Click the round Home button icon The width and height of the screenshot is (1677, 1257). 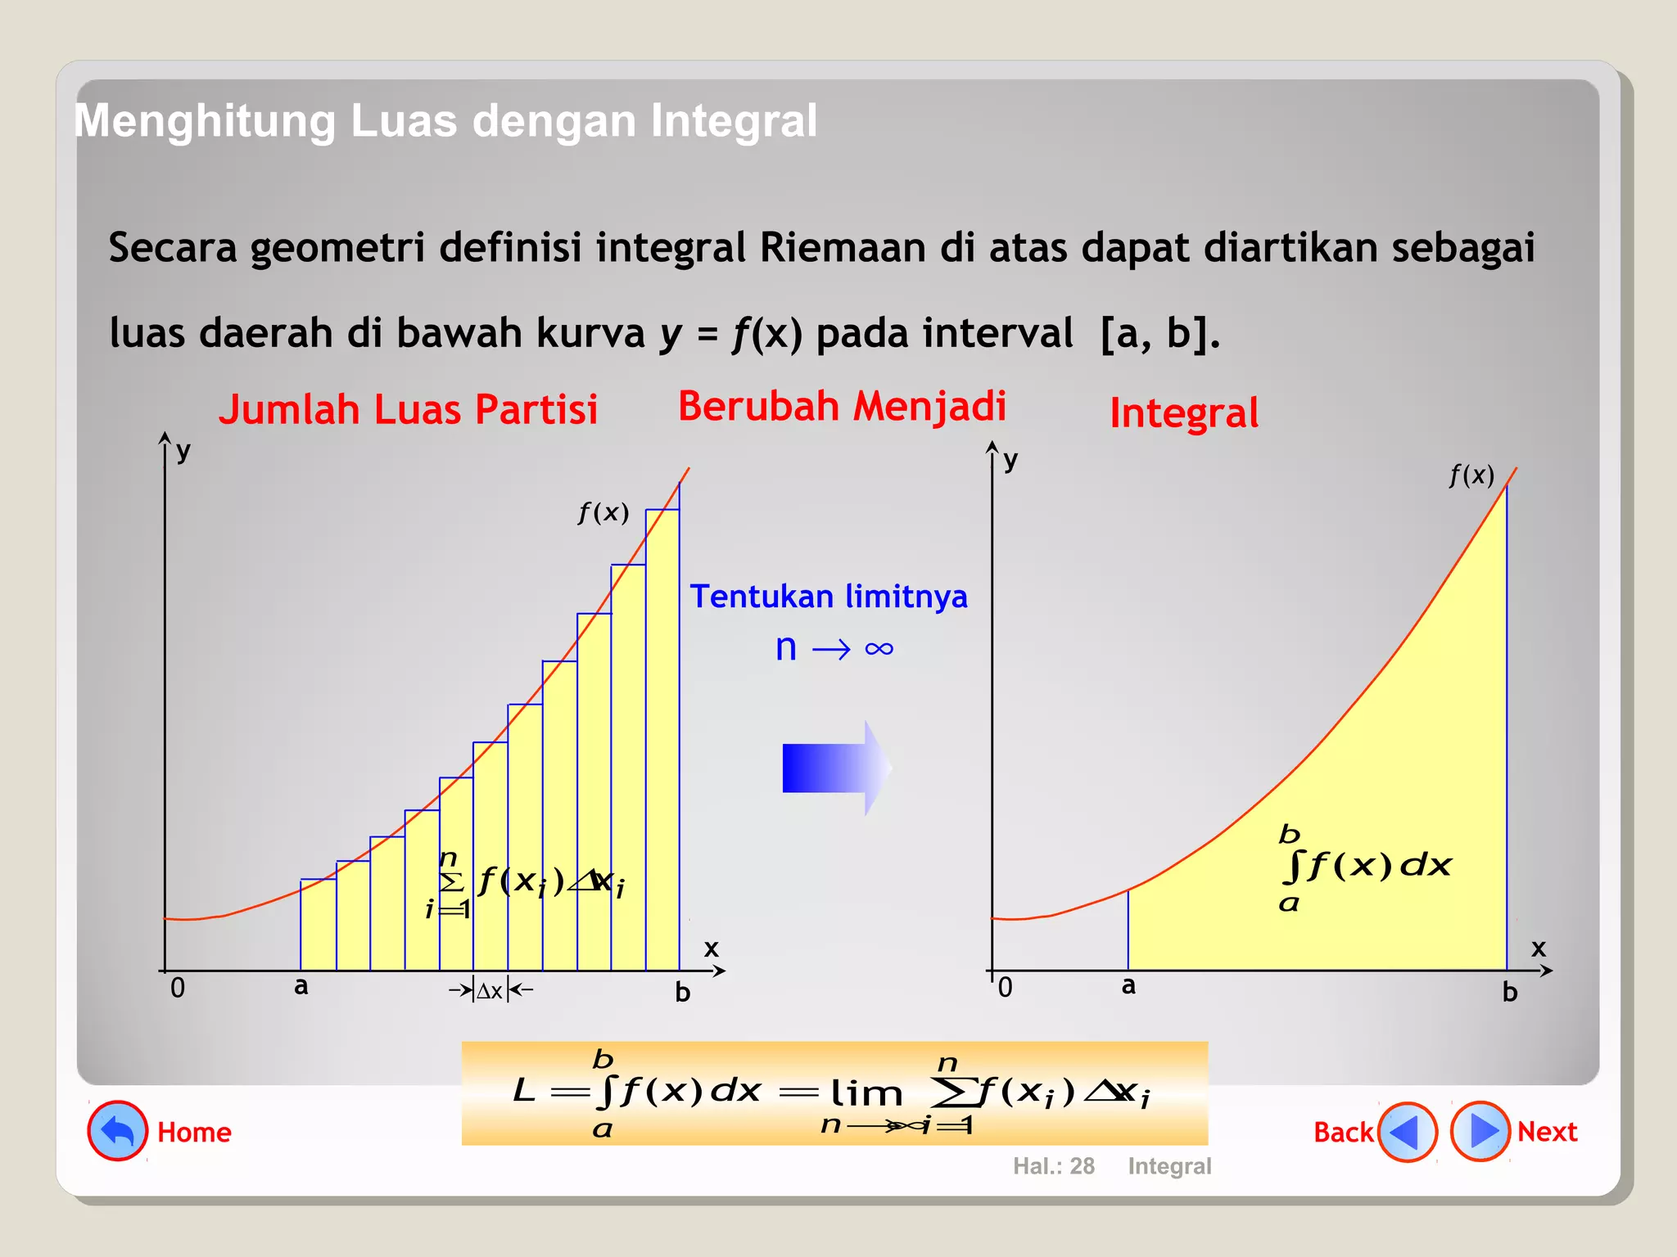pos(118,1131)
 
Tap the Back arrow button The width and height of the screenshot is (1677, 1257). pos(1407,1132)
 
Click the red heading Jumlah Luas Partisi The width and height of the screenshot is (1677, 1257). pos(408,409)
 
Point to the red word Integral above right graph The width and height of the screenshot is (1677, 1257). pos(1184,413)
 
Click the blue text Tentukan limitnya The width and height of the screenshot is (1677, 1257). pos(829,597)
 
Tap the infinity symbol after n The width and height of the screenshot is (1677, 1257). pos(879,649)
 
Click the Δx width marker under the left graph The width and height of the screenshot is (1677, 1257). pos(490,991)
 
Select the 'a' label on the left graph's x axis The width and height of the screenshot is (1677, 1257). pos(301,986)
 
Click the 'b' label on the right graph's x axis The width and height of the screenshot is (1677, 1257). pos(1510,993)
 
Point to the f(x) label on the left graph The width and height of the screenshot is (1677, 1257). pos(603,513)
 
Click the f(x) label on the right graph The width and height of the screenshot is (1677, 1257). pos(1471,475)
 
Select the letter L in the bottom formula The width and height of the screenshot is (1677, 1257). pos(524,1091)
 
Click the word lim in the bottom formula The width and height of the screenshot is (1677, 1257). pos(866,1093)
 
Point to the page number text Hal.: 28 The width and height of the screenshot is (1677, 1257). pos(1054,1166)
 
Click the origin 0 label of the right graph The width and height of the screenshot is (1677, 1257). pos(1006,988)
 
